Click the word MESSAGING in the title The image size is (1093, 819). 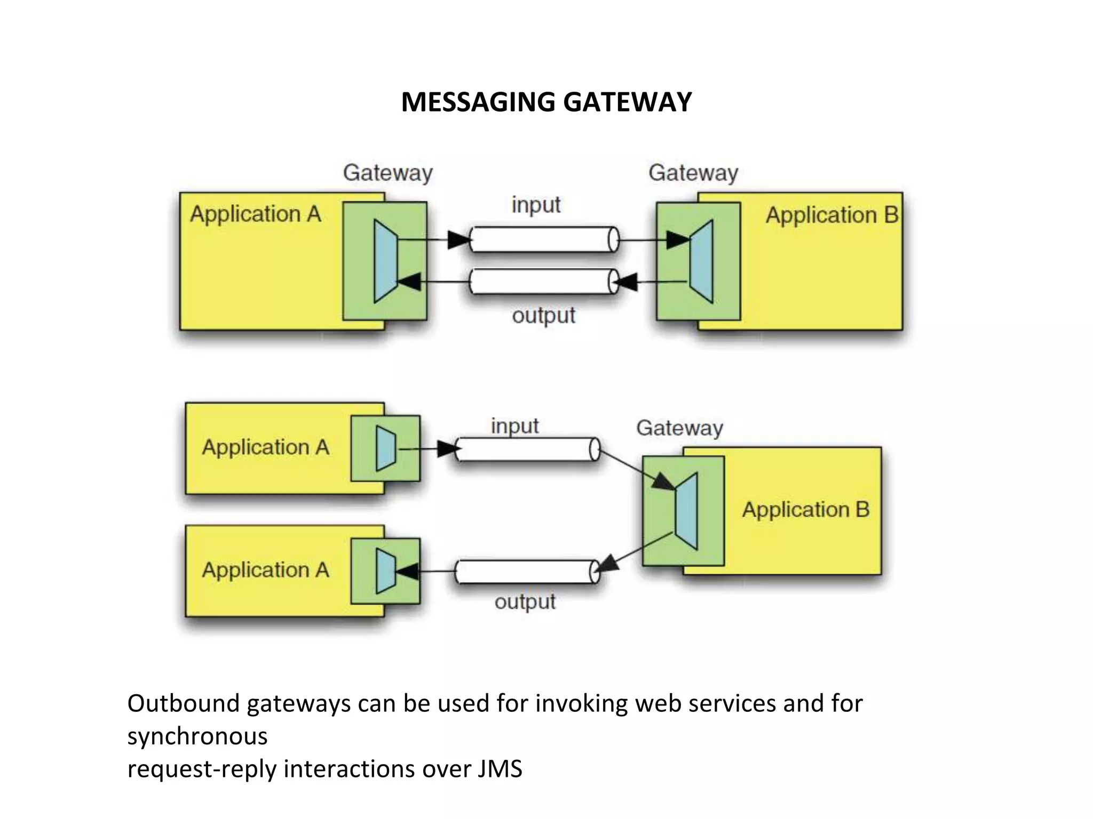pos(478,102)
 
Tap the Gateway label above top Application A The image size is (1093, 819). pos(387,173)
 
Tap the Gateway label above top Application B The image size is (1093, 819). pos(693,173)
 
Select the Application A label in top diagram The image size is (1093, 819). pos(256,214)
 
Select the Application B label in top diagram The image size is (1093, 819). pos(831,215)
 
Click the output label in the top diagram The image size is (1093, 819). pos(543,316)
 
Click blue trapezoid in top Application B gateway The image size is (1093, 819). pos(701,261)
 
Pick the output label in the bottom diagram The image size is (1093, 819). pos(525,602)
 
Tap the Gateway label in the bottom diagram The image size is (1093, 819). pos(679,428)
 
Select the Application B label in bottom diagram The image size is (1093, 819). pos(805,510)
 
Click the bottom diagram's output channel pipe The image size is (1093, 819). pos(526,572)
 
